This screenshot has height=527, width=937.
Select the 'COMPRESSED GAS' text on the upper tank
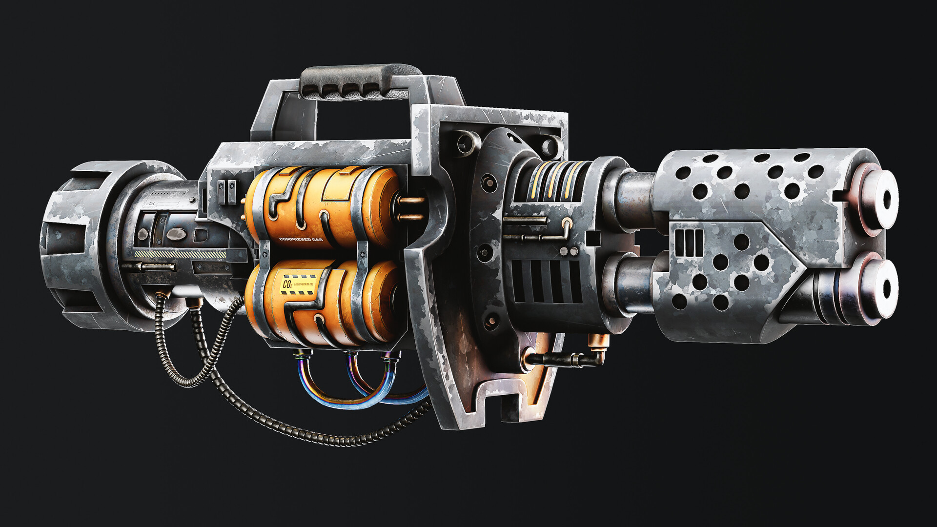pos(301,239)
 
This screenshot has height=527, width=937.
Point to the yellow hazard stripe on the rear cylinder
pos(181,255)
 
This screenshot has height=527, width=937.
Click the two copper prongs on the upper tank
pos(413,207)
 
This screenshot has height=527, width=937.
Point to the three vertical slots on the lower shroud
pos(689,243)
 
